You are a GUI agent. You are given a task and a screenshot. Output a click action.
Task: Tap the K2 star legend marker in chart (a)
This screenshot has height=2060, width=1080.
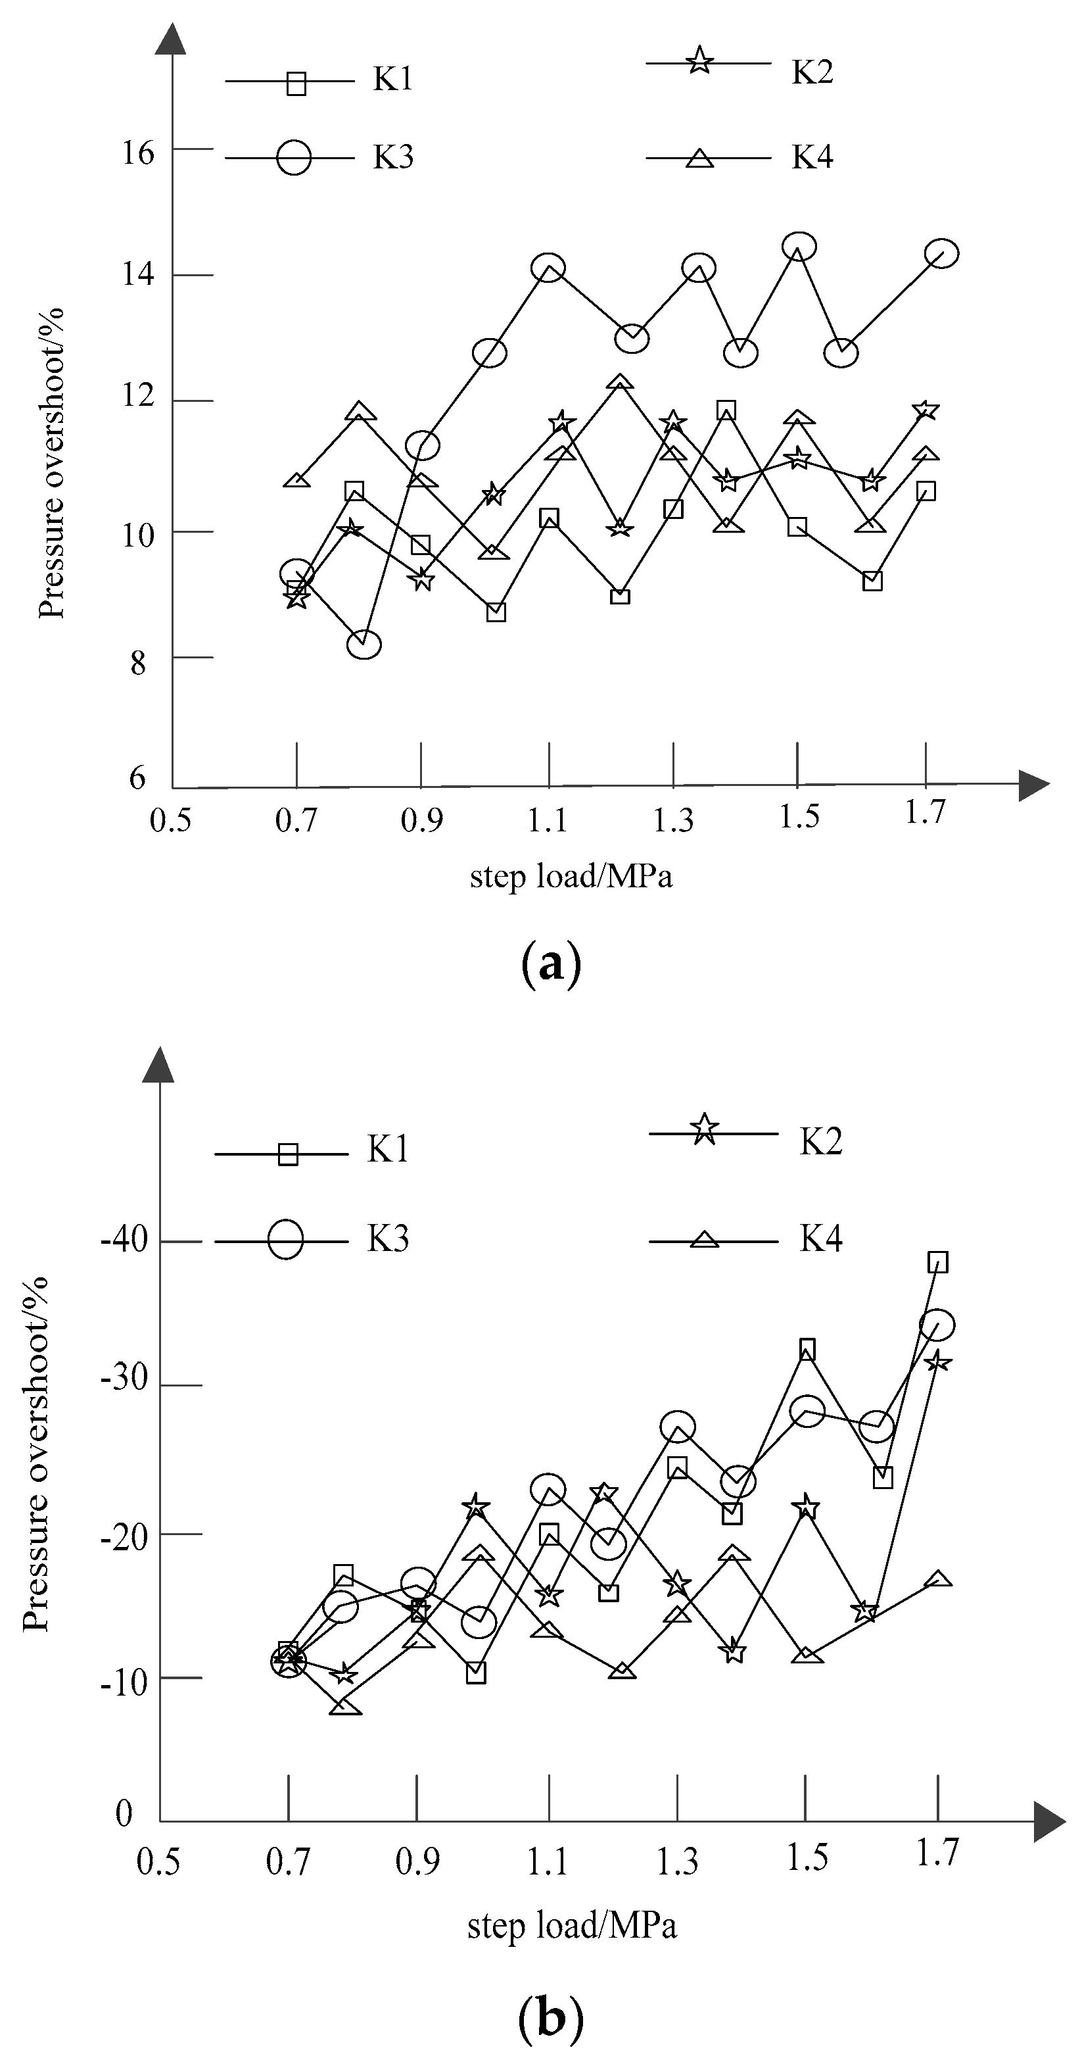pos(699,60)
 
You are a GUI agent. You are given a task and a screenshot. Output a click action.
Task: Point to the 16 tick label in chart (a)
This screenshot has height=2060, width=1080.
pos(137,153)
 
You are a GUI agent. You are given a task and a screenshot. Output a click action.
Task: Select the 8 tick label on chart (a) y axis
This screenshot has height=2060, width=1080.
pos(138,662)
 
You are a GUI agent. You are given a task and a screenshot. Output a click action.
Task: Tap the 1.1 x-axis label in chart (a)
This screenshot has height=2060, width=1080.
pos(548,820)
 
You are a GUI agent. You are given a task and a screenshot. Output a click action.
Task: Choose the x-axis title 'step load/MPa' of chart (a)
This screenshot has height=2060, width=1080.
pos(571,877)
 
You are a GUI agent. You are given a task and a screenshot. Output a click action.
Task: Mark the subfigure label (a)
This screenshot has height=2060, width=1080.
pos(550,964)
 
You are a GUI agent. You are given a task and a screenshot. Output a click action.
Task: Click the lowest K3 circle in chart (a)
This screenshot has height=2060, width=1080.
pos(365,643)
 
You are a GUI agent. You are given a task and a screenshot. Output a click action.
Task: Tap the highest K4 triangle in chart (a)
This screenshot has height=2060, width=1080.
pos(621,383)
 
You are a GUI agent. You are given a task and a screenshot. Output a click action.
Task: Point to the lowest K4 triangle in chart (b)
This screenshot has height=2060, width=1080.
pos(344,1707)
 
